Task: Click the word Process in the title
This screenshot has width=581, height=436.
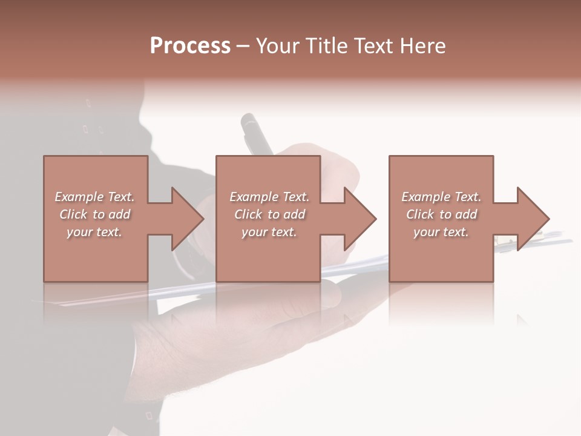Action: point(190,46)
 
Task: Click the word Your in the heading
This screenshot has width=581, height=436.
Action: point(277,46)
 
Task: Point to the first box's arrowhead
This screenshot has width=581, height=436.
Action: point(188,219)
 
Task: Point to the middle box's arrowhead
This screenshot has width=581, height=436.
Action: point(361,219)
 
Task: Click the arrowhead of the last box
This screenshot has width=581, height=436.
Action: point(533,219)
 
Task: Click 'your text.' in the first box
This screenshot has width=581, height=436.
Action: point(94,232)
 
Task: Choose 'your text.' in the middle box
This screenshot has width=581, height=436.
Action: point(269,232)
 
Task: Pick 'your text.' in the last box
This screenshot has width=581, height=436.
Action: point(441,232)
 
